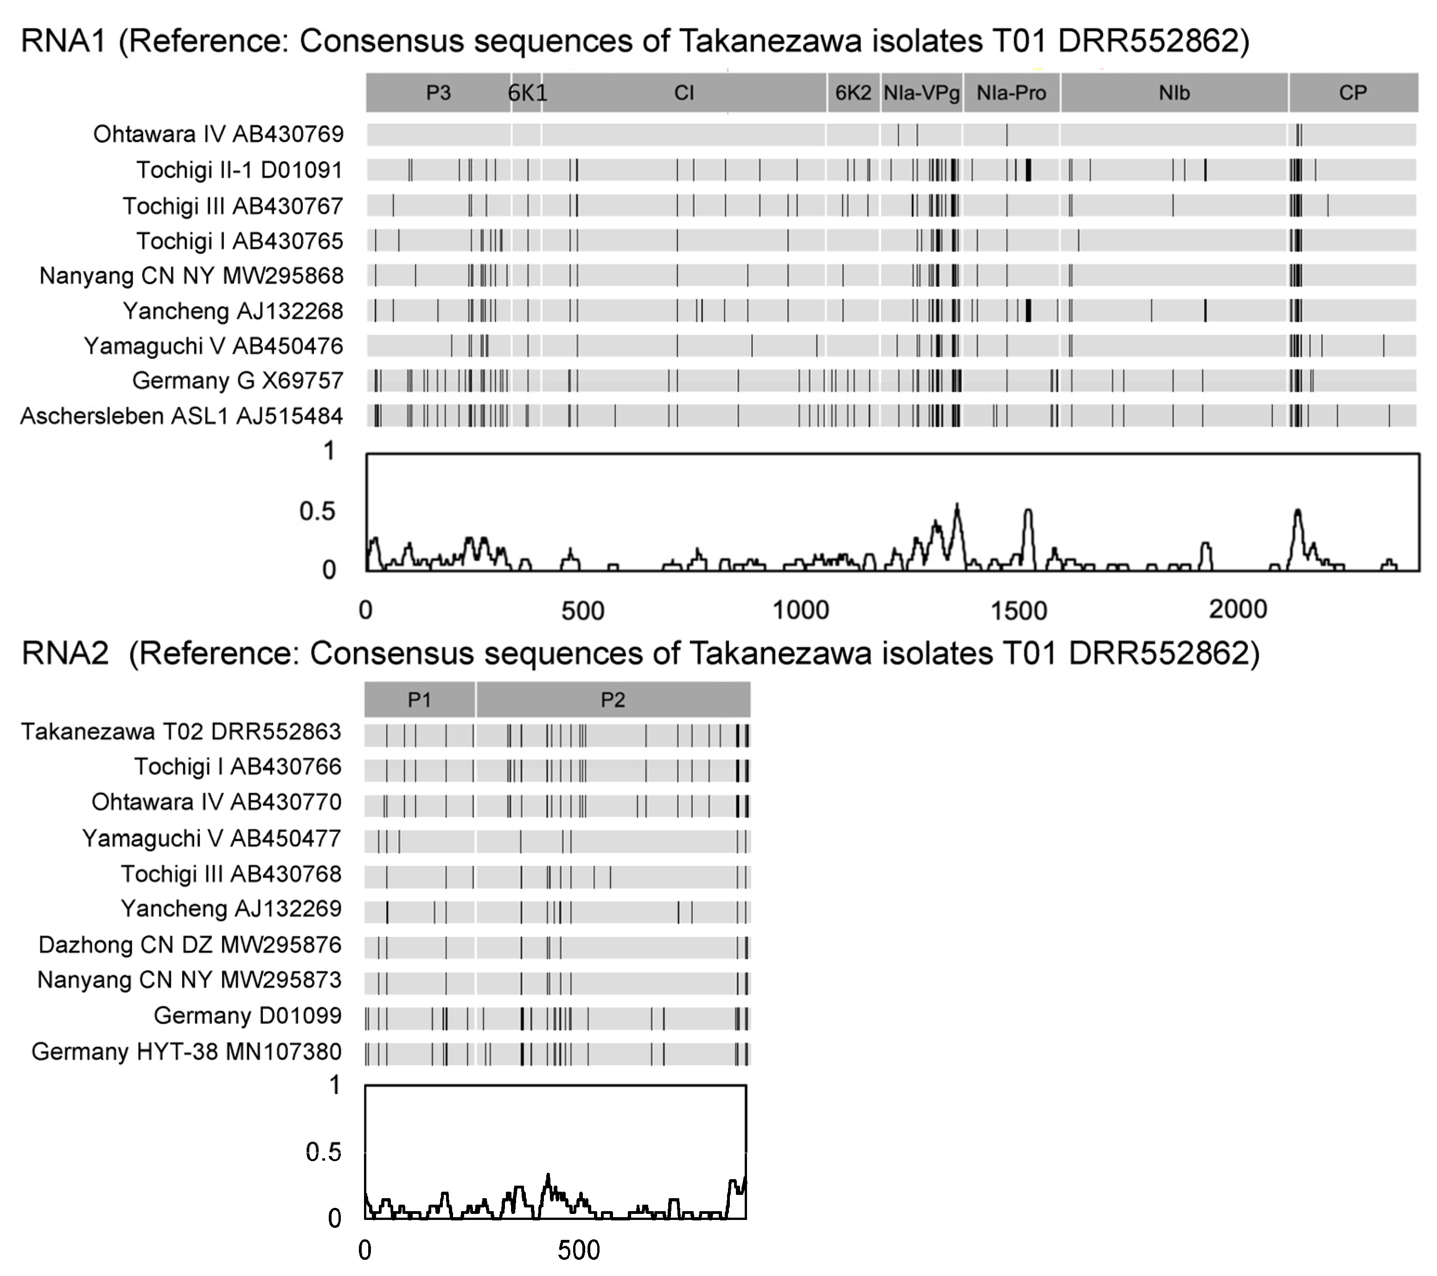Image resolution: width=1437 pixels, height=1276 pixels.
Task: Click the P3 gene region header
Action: coord(438,93)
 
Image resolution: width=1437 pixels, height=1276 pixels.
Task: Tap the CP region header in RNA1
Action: coord(1353,93)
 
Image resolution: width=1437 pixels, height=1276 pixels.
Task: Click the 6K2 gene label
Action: coord(853,93)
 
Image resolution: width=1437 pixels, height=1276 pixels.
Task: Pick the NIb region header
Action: coord(1174,93)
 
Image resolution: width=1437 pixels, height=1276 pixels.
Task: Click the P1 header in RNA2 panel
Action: coord(419,700)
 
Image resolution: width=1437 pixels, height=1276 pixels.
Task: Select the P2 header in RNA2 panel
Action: coord(613,700)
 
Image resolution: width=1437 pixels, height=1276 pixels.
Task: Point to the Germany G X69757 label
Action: coord(237,381)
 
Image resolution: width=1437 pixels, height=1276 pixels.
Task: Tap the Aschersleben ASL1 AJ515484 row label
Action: coord(181,416)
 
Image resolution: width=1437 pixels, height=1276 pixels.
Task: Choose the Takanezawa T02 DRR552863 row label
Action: coord(181,732)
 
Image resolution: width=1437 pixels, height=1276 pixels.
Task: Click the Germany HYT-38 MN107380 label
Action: coord(186,1052)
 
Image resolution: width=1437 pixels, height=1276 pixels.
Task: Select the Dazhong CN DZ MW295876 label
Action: coord(190,945)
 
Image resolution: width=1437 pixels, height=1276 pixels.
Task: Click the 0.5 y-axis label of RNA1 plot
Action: coord(317,511)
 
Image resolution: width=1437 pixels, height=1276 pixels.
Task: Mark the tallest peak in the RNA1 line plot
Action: coord(957,505)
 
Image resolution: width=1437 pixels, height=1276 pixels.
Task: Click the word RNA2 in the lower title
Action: coord(64,653)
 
